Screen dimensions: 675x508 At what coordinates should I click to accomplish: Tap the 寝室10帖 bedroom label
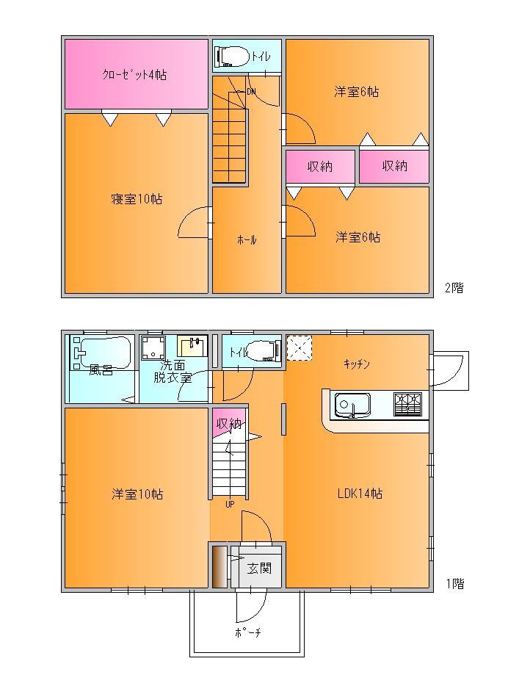137,199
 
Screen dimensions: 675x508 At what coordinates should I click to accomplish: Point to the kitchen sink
352,405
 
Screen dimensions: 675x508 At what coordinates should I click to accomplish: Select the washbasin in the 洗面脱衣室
194,346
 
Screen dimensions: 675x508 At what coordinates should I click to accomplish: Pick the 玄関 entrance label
257,568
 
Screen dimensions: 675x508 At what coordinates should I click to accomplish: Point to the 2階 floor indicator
453,287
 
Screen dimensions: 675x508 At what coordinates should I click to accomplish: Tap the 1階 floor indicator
454,584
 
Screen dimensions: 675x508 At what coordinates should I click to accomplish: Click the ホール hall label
247,240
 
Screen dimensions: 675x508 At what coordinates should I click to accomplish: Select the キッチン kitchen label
356,364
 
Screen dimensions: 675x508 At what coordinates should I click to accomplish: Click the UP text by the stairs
230,504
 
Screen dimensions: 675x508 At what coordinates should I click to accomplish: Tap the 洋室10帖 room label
137,494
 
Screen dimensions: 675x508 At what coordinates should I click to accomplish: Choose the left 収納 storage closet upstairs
320,167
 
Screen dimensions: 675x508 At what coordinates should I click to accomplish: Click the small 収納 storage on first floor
227,424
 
